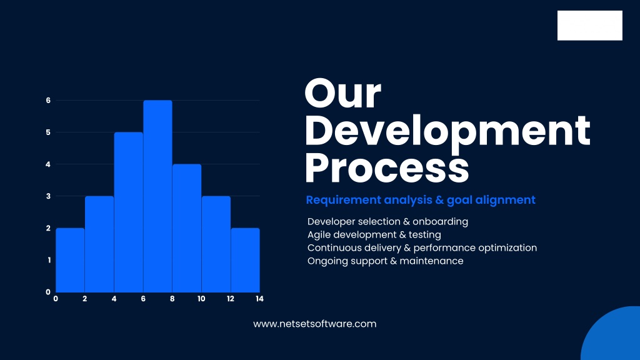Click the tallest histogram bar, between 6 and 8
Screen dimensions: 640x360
coord(157,196)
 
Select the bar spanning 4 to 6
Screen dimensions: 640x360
coord(129,212)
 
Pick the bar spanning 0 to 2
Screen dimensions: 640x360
coord(70,260)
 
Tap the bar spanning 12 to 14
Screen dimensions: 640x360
coord(245,260)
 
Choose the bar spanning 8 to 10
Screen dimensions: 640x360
coord(187,228)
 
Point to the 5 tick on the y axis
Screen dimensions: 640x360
coord(48,132)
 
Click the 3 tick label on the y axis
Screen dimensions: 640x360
coord(48,196)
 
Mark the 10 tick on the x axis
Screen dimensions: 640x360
coord(201,299)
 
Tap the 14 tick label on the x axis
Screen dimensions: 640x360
coord(259,299)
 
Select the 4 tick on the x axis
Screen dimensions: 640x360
coord(114,299)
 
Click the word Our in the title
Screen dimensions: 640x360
coord(343,94)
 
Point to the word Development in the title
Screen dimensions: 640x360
coord(447,131)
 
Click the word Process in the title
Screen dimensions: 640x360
coord(387,167)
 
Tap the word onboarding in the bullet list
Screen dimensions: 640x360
coord(440,222)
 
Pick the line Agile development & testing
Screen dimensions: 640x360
coord(374,235)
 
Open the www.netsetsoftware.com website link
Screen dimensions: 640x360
coord(315,324)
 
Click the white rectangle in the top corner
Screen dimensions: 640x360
coord(590,25)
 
